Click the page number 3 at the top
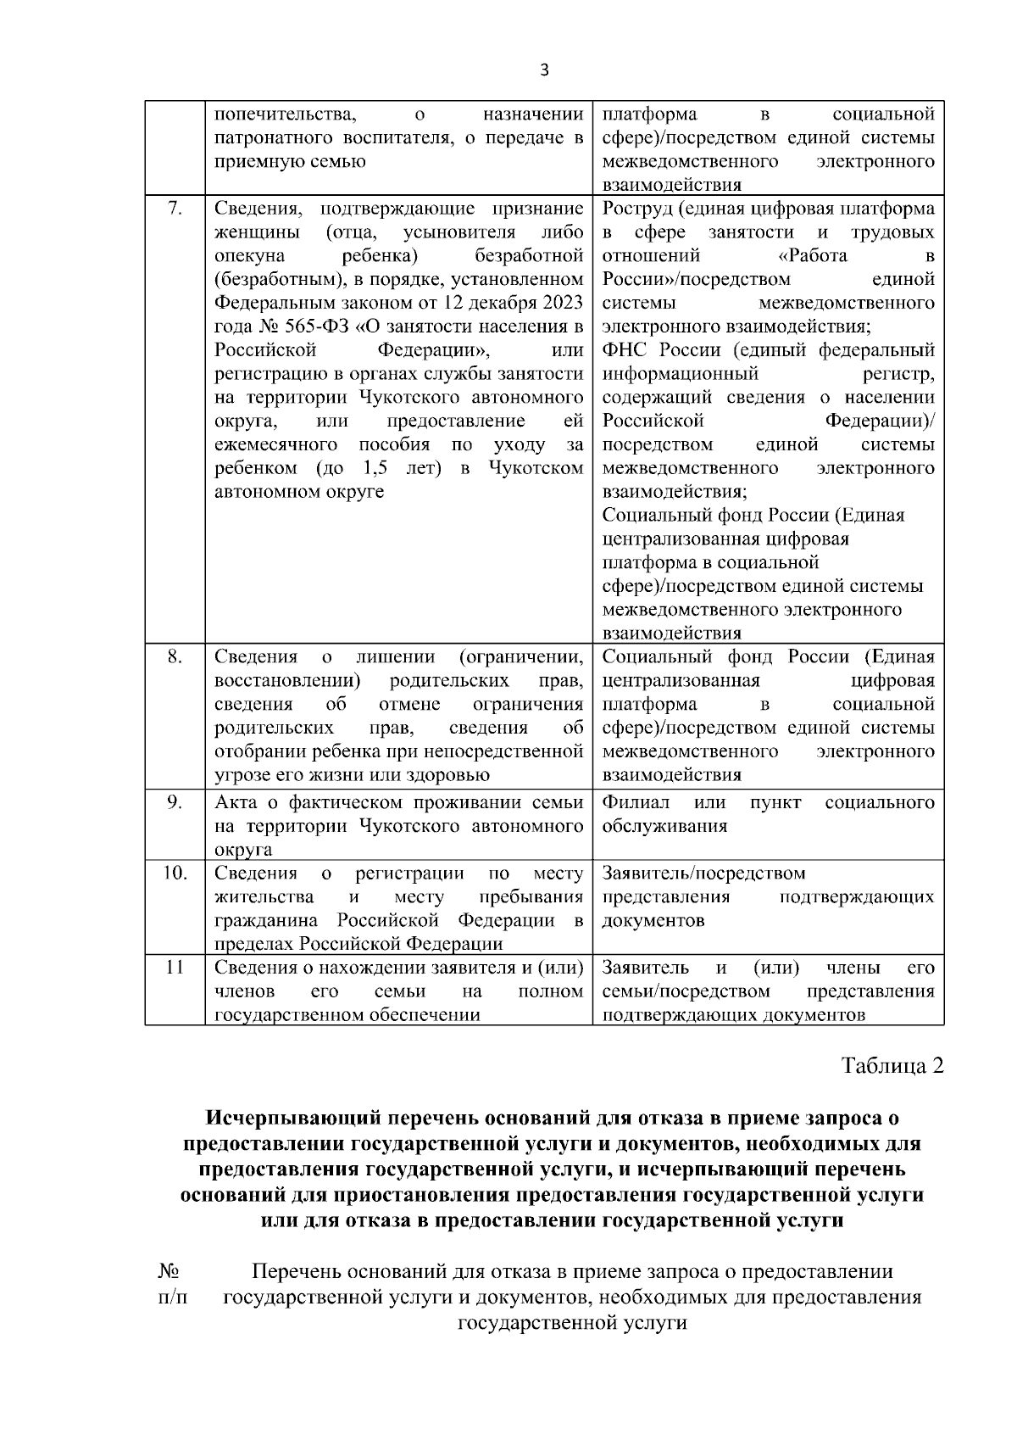[544, 70]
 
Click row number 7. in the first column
[174, 209]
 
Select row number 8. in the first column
[174, 656]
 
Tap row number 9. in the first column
[174, 802]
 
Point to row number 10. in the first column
[174, 873]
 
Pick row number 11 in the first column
[174, 968]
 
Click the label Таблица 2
[892, 1065]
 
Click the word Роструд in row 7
[637, 209]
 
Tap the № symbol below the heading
[168, 1271]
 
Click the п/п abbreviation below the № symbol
[172, 1297]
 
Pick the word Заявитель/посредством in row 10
[703, 873]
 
